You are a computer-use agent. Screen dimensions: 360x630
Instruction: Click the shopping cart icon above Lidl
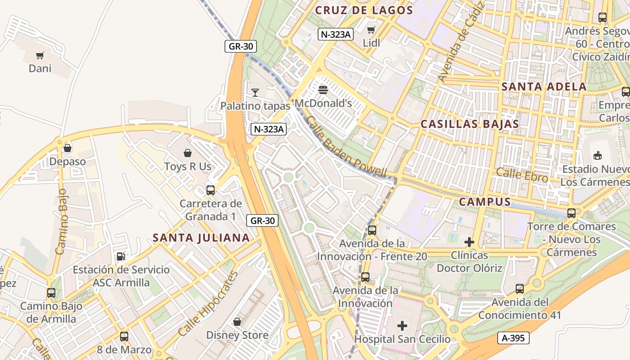(x=371, y=30)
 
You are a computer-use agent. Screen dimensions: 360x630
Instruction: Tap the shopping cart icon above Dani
(x=40, y=56)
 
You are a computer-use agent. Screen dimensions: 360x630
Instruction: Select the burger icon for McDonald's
(x=323, y=90)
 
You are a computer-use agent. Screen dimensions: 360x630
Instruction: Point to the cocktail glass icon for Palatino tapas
(x=255, y=93)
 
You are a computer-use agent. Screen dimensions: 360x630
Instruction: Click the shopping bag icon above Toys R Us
(x=188, y=153)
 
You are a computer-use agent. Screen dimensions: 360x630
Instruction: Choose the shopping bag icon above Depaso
(x=67, y=148)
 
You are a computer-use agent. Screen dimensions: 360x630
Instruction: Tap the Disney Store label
(x=237, y=335)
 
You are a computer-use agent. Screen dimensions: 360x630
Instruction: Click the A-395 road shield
(x=513, y=338)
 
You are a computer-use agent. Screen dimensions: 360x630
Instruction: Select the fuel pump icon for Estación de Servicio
(x=121, y=256)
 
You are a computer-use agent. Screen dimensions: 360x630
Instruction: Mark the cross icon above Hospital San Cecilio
(x=402, y=325)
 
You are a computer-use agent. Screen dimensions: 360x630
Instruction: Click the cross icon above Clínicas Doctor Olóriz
(x=469, y=242)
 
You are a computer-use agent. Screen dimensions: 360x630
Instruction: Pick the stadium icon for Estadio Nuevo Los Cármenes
(x=598, y=156)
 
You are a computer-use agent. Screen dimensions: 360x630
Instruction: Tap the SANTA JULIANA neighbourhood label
(x=201, y=238)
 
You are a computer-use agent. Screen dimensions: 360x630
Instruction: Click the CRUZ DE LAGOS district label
(x=364, y=10)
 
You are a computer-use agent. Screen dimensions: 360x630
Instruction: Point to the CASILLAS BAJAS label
(x=470, y=124)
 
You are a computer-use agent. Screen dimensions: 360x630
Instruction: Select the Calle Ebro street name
(x=522, y=175)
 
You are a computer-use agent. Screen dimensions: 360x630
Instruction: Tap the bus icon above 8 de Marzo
(x=124, y=336)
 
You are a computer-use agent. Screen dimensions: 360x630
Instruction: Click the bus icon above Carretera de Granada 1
(x=211, y=190)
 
